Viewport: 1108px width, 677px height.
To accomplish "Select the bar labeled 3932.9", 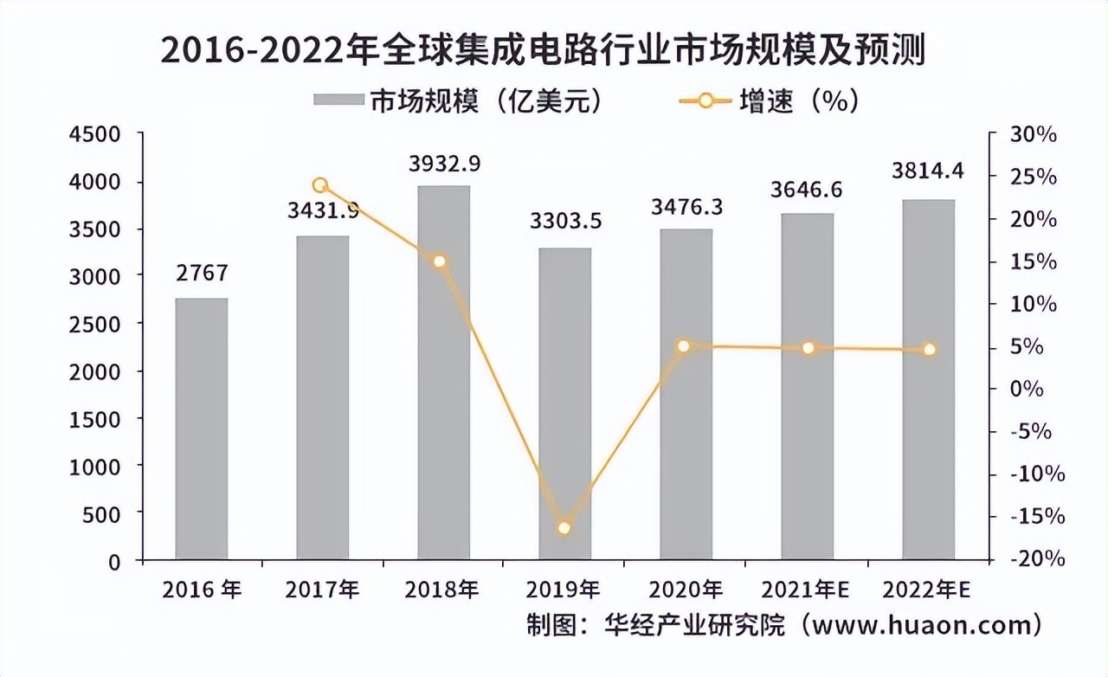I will pos(443,372).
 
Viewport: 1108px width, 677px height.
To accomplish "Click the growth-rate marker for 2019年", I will pos(564,527).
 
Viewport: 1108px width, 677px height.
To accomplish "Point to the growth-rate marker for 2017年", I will pos(320,185).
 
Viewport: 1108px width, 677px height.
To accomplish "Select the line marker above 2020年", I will pos(684,346).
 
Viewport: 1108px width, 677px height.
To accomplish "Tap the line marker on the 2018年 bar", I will pos(440,261).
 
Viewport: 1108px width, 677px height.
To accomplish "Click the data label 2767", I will pos(201,274).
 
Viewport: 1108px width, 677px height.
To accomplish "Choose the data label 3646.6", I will pos(808,190).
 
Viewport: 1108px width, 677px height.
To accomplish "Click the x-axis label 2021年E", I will pos(805,590).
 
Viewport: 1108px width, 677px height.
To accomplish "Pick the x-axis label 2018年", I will pos(441,590).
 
